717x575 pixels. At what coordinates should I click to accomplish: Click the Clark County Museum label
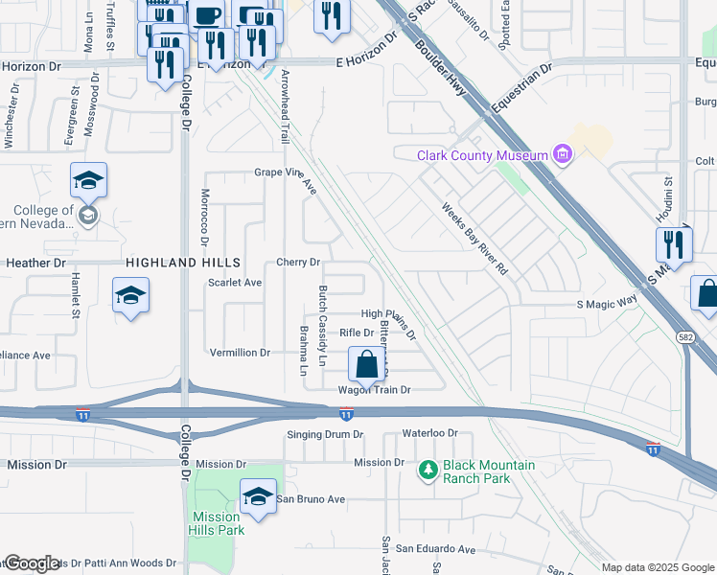pos(482,155)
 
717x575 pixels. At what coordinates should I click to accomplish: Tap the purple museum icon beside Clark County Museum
pos(562,155)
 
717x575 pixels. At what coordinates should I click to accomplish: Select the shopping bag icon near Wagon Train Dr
pos(366,364)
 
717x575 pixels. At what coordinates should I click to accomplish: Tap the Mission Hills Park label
pos(217,523)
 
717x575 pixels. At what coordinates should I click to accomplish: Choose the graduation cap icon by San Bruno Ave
pos(257,495)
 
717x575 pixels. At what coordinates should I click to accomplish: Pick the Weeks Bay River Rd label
pos(474,239)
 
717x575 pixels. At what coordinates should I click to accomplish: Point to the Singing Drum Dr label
pos(326,434)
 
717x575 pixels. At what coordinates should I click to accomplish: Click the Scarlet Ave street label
pos(235,283)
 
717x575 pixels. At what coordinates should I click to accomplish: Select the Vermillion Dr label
pos(240,353)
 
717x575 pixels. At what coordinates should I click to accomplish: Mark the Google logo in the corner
pos(32,563)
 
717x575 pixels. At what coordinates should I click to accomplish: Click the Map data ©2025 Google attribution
pos(657,567)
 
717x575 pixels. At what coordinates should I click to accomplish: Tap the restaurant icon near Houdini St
pos(673,244)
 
